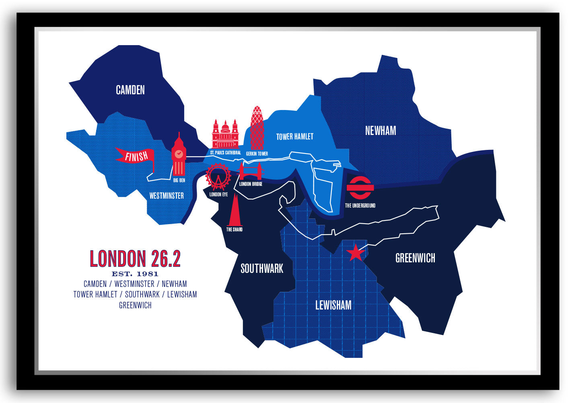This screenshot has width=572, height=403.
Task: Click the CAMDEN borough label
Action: click(x=130, y=90)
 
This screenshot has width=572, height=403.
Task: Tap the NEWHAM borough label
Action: click(x=381, y=131)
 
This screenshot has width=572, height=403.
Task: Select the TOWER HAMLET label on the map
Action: click(x=294, y=137)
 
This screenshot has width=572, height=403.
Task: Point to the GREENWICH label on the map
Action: click(x=415, y=258)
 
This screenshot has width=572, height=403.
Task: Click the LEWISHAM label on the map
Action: click(x=333, y=305)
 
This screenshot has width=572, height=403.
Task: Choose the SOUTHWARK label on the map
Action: click(x=262, y=268)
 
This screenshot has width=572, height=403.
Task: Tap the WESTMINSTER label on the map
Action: click(x=167, y=196)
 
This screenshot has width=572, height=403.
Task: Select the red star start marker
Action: click(x=356, y=253)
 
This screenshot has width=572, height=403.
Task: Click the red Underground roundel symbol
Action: click(x=360, y=187)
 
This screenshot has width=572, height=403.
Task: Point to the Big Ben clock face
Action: click(x=179, y=154)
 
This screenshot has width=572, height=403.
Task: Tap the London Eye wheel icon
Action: click(x=218, y=176)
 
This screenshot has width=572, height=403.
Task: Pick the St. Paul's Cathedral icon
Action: click(x=225, y=135)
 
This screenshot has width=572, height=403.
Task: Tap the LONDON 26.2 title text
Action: click(x=135, y=259)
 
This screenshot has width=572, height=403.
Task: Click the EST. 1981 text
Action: click(x=135, y=274)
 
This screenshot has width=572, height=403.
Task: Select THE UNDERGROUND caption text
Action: click(x=360, y=206)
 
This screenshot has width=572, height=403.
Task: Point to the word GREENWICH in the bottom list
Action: click(x=135, y=305)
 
